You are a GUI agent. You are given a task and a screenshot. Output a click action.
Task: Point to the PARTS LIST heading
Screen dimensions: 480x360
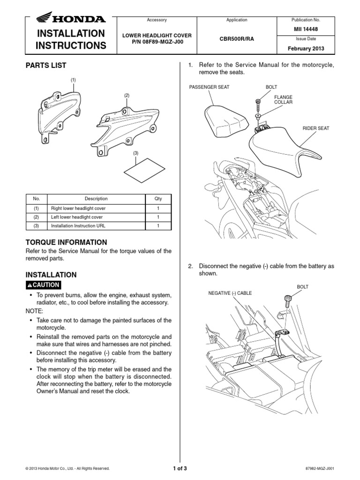point(45,65)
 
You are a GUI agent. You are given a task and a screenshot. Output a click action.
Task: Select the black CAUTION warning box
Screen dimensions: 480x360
point(43,285)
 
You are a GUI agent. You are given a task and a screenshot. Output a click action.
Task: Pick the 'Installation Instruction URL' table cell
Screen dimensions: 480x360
point(79,226)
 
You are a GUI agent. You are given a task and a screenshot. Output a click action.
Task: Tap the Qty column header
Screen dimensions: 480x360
point(157,199)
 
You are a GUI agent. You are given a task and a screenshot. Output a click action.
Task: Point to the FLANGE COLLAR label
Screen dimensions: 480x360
point(283,99)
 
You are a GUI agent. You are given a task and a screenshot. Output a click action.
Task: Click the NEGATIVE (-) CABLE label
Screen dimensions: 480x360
point(230,293)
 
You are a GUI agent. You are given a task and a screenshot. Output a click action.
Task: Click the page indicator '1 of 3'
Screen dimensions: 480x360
point(180,468)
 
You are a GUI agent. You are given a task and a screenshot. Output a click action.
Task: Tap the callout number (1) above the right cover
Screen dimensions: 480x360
point(73,80)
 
